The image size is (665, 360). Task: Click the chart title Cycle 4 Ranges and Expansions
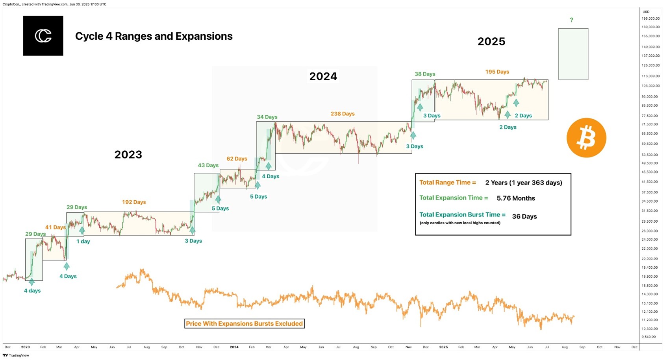pos(154,36)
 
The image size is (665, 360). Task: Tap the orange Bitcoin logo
pos(586,138)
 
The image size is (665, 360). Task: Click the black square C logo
pos(43,36)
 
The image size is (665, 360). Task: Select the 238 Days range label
pos(343,114)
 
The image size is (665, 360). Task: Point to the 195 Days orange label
pos(497,72)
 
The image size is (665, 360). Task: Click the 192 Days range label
pos(134,202)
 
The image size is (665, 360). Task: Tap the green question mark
pos(571,20)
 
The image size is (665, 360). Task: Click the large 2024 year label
pos(323,76)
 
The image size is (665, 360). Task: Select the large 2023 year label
pos(128,154)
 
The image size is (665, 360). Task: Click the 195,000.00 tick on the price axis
pos(650,18)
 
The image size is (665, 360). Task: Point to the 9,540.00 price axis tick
pos(648,337)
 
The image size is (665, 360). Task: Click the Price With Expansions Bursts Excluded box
pos(244,323)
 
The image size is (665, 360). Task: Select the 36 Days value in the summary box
pos(524,216)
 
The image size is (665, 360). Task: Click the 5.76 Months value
pos(516,198)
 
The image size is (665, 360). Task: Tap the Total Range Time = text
pos(447,183)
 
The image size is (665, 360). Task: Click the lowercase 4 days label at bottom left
pos(32,291)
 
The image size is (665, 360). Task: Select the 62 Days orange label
pos(237,159)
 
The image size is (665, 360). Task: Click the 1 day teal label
pos(83,242)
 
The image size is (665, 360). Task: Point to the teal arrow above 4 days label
pos(32,282)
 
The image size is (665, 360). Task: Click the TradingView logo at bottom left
pos(16,355)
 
